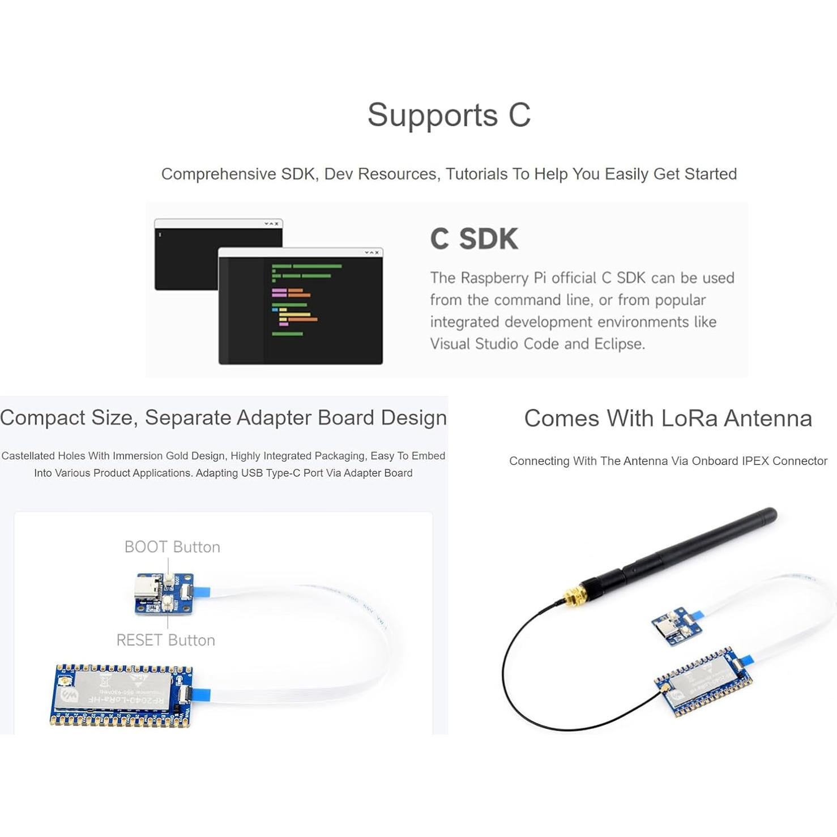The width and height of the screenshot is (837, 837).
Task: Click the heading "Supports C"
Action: coord(449,115)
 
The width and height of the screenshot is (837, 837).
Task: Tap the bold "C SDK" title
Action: coord(474,239)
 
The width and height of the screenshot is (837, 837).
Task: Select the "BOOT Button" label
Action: coord(172,547)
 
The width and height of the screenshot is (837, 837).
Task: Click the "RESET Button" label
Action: coord(165,640)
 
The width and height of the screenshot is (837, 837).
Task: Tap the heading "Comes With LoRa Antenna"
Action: coord(668,418)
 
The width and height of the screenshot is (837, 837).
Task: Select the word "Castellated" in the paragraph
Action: coord(28,456)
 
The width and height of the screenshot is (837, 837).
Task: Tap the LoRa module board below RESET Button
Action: coord(121,695)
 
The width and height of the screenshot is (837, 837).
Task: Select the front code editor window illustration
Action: coord(300,306)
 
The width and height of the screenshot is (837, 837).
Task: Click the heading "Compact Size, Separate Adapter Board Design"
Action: coord(223,418)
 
